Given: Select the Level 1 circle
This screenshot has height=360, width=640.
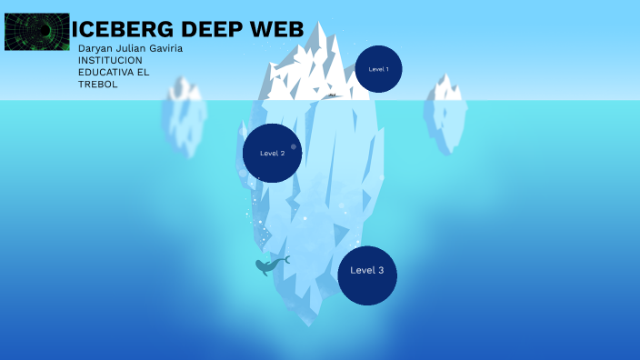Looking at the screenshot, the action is click(378, 69).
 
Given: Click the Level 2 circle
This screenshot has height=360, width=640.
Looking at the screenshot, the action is click(273, 153).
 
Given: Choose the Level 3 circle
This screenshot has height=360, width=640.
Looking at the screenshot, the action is click(367, 271).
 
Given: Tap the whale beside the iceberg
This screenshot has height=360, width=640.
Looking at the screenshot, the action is click(269, 265).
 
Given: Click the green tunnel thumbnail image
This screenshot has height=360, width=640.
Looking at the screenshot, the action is click(37, 31).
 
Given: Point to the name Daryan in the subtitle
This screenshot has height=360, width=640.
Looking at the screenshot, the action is click(95, 48).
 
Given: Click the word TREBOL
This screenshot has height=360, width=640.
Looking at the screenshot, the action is click(98, 84).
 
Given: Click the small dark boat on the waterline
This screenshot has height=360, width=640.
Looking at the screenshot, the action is click(333, 95).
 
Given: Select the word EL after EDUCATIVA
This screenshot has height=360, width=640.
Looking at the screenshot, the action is click(144, 72).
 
